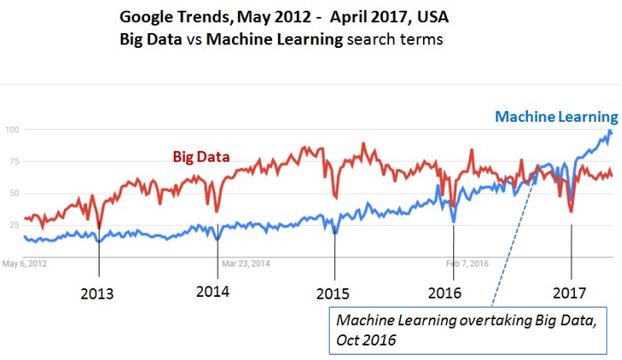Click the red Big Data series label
[201, 156]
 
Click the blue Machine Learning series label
[555, 116]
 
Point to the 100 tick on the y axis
[12, 130]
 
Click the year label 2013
[99, 293]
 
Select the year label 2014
[213, 292]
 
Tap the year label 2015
[333, 293]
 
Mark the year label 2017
[570, 293]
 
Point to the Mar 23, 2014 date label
[247, 264]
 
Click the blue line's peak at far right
[610, 132]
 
